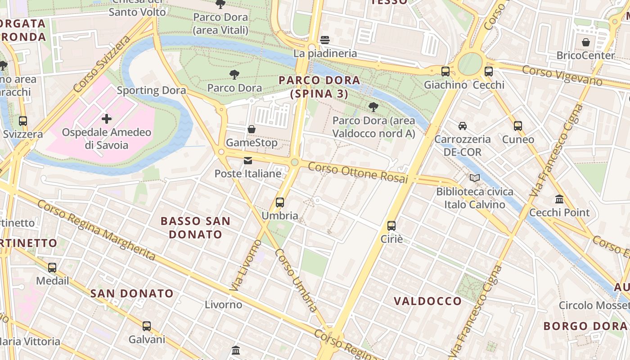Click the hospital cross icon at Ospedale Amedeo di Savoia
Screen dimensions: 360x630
pos(107,119)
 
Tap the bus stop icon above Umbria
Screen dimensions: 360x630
pos(280,202)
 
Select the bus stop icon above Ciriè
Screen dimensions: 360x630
pos(391,226)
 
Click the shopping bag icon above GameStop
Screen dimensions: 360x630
pos(252,129)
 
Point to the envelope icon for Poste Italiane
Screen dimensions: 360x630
pos(248,161)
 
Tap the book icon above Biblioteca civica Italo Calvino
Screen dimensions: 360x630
pos(475,178)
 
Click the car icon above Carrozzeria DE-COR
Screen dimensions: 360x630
pos(462,126)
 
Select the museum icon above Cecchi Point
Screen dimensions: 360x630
pos(559,199)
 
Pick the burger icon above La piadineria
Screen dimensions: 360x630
pos(325,40)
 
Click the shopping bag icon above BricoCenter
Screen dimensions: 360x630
pos(586,42)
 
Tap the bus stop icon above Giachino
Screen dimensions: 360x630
pos(445,71)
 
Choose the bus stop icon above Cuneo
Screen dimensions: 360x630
pos(518,126)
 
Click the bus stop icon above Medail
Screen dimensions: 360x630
pos(52,267)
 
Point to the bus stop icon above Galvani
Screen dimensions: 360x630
pos(147,326)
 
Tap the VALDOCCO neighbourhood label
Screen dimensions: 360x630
pos(427,301)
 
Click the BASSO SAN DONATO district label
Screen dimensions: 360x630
pos(195,228)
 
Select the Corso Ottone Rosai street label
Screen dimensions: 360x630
pos(358,173)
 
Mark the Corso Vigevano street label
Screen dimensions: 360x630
pos(562,75)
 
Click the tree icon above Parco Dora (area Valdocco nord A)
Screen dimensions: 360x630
pos(373,107)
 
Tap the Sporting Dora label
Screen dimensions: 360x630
pos(151,90)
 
